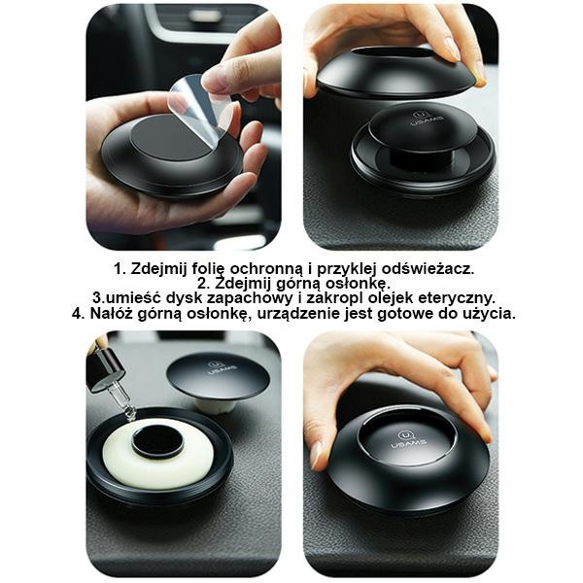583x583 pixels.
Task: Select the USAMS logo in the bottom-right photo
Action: [x=407, y=439]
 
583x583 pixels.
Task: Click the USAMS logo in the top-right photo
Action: [x=423, y=119]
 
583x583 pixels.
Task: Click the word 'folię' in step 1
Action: [x=207, y=269]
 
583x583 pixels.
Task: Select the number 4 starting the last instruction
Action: [x=77, y=313]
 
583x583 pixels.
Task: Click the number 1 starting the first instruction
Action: [x=118, y=268]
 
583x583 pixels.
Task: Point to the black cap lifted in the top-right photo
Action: [x=397, y=73]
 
